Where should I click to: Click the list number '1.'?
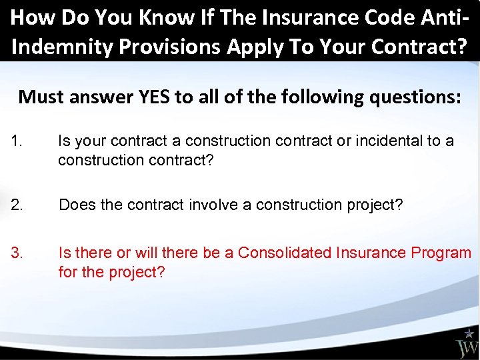18,141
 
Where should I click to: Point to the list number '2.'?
18,205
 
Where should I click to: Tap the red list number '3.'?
18,253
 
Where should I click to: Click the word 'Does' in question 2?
76,205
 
